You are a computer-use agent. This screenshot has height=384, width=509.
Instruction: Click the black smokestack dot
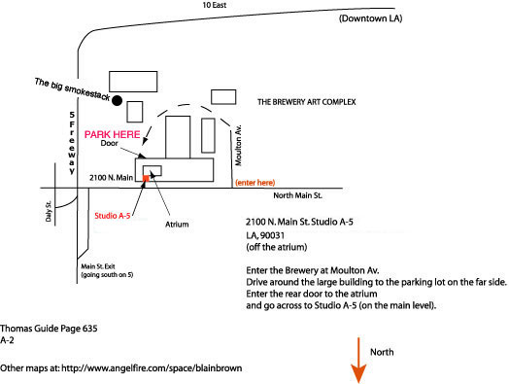pos(118,101)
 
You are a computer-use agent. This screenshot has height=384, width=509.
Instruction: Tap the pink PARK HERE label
pos(113,134)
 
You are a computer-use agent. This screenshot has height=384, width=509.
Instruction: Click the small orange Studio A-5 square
pos(146,178)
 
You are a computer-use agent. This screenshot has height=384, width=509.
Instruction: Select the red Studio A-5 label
pos(113,216)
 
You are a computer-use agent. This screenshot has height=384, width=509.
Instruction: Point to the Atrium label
pos(177,225)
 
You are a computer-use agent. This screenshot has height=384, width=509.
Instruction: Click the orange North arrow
pos(358,361)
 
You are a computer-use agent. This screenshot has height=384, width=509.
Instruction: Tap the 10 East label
pos(215,5)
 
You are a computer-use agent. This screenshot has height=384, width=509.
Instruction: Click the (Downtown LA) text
pos(371,18)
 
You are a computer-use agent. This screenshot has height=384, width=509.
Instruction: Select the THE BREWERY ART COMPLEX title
pos(307,102)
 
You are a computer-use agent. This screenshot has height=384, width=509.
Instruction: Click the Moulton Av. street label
pos(239,145)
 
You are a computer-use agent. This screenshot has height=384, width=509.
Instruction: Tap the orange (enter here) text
pos(255,183)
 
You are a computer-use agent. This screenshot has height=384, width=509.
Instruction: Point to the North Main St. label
pos(297,195)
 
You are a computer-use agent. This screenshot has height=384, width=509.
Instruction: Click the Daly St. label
pos(49,212)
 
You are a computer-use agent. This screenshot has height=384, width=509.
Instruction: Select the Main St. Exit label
pos(98,266)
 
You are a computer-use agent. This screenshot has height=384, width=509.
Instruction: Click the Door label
pos(109,143)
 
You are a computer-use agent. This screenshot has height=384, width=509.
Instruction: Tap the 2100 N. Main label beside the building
pos(112,177)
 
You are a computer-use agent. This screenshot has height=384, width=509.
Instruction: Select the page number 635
pos(89,329)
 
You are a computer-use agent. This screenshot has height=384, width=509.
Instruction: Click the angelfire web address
pos(152,368)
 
